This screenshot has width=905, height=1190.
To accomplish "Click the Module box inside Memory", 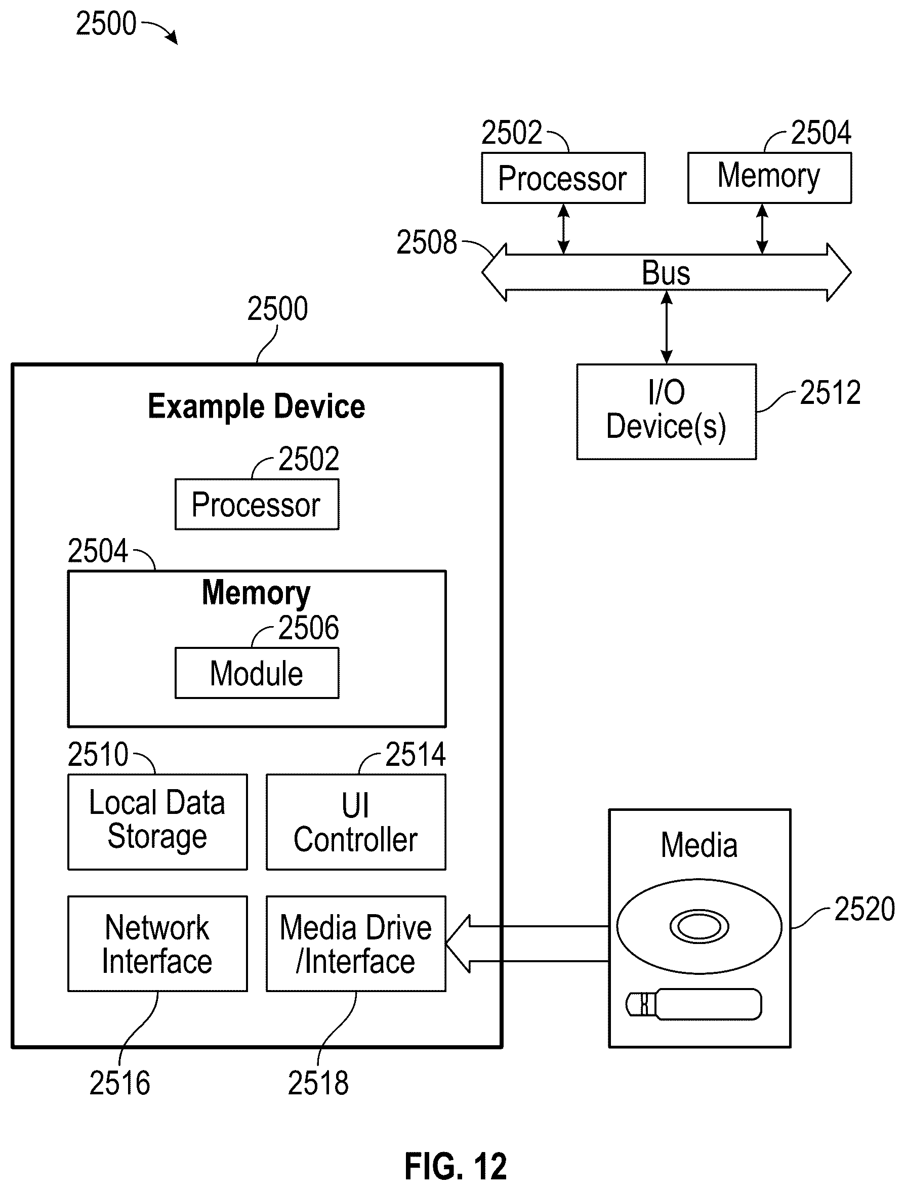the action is click(257, 673).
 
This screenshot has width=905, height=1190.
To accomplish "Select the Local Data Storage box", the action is click(157, 822).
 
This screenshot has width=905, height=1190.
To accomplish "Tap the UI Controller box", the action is click(356, 822).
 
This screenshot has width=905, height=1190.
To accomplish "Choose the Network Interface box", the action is click(157, 944).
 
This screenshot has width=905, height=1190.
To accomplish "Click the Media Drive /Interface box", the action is click(356, 944).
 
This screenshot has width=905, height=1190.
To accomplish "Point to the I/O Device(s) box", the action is click(667, 412).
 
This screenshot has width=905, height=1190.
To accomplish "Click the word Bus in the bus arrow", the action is click(666, 273).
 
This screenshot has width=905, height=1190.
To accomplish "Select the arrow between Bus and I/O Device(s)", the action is click(667, 327).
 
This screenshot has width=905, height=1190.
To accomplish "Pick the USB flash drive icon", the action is click(694, 1004).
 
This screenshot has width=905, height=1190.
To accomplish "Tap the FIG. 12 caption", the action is click(456, 1166).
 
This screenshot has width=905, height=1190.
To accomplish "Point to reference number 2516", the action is click(119, 1083).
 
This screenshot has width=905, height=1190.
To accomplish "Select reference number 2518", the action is click(318, 1083).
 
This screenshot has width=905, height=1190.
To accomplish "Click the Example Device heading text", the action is click(257, 407).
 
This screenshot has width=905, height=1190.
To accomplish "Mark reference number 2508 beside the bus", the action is click(427, 242).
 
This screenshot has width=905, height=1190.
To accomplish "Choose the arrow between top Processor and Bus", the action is click(563, 228).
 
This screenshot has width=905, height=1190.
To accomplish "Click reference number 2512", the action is click(830, 392).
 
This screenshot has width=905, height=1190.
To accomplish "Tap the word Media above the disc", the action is click(699, 845).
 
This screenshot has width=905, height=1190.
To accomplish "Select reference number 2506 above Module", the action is click(309, 628).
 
